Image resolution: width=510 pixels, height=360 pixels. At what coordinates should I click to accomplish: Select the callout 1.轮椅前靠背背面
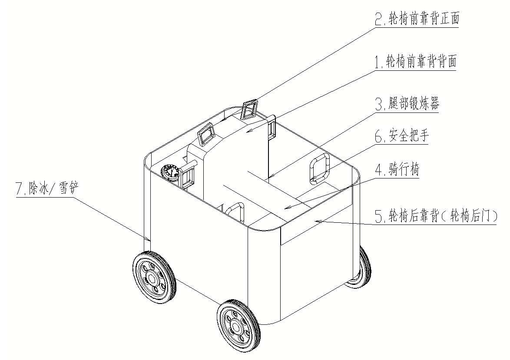tap(416, 62)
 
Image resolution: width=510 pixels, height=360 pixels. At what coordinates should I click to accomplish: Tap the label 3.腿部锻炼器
tap(407, 105)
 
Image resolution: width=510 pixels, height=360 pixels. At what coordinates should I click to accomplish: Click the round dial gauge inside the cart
tap(170, 172)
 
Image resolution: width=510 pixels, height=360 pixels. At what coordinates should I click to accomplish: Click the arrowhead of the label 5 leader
tap(316, 222)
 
